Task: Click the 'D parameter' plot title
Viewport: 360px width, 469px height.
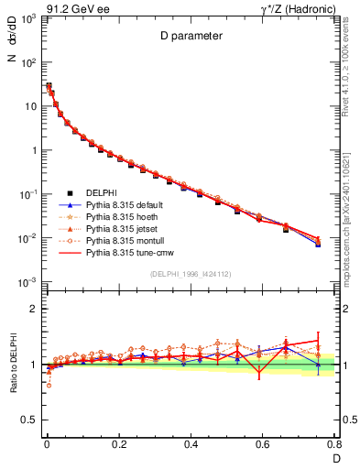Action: (188, 38)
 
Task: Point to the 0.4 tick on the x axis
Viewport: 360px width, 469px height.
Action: (191, 443)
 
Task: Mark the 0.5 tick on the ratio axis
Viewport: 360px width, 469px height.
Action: (30, 420)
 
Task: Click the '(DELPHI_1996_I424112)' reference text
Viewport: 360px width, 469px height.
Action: (189, 275)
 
